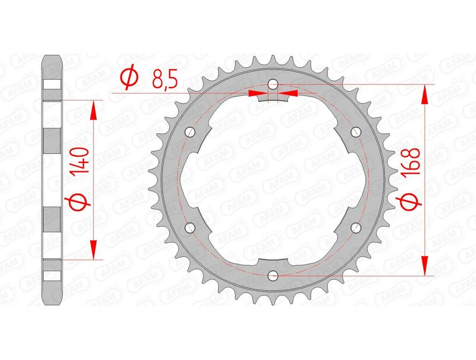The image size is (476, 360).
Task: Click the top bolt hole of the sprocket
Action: click(x=273, y=83)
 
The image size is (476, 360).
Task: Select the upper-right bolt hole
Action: click(x=356, y=132)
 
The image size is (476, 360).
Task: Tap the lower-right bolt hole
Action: click(x=356, y=227)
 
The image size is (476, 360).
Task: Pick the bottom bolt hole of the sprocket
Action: click(x=273, y=275)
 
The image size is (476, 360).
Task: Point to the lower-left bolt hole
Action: click(x=190, y=227)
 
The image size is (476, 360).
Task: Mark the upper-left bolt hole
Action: click(x=190, y=132)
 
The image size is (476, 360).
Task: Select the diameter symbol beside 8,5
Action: click(x=129, y=78)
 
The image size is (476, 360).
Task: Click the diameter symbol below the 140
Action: click(x=82, y=202)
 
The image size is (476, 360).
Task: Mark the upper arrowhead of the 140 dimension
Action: click(x=93, y=109)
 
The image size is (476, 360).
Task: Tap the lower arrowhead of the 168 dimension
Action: click(x=425, y=266)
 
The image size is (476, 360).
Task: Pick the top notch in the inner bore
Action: click(x=273, y=99)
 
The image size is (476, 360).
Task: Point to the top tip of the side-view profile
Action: click(x=53, y=57)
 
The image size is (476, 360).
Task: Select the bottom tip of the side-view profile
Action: click(x=53, y=303)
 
